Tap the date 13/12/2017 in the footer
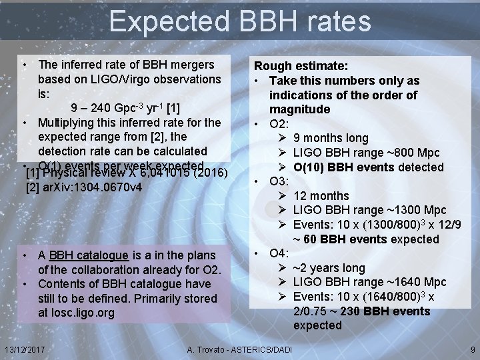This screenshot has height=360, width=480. [x=23, y=349]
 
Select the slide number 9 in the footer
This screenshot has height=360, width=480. [x=472, y=349]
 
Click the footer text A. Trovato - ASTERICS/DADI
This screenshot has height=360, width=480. [x=240, y=349]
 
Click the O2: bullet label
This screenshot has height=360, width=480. [x=279, y=123]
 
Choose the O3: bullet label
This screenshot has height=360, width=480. [x=279, y=181]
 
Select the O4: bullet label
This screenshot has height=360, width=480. [x=279, y=253]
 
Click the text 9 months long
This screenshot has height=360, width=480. [x=331, y=138]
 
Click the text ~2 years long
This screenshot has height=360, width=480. [x=329, y=268]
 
